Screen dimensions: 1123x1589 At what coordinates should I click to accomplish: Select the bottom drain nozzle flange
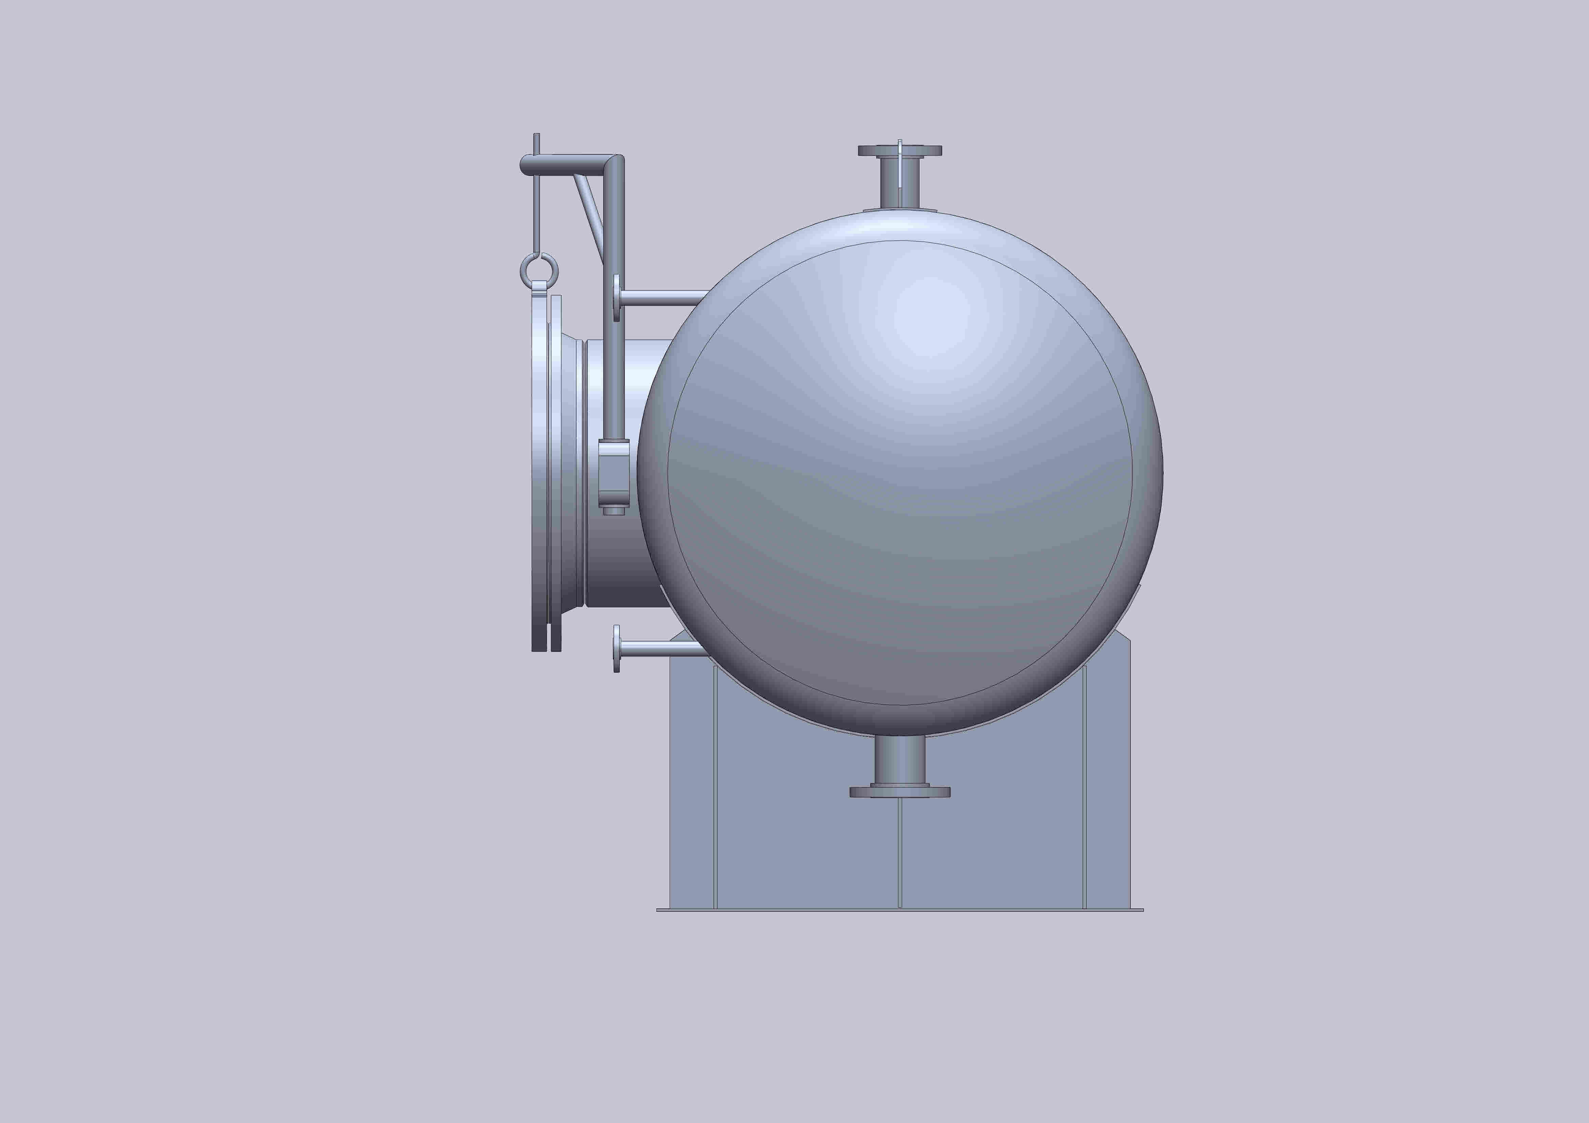(900, 792)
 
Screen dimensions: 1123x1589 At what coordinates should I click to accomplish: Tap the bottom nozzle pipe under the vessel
(900, 760)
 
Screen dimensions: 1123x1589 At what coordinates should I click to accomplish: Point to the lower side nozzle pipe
(657, 648)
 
